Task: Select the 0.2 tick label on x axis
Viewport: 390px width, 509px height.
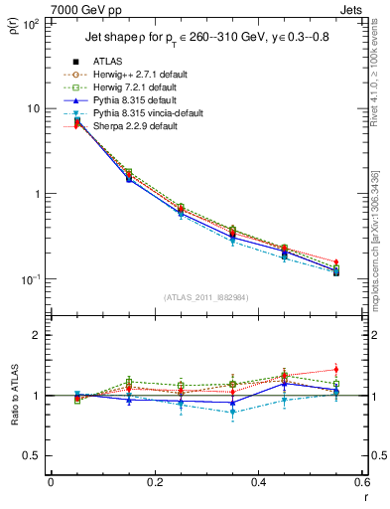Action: [154, 482]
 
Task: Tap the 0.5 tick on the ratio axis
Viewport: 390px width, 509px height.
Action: [33, 455]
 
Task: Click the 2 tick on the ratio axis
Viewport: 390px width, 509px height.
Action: [38, 335]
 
